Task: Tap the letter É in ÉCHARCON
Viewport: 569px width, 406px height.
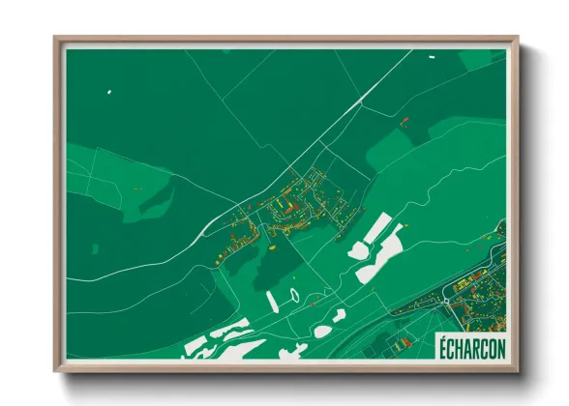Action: click(441, 347)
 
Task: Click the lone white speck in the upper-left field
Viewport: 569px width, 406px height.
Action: click(109, 92)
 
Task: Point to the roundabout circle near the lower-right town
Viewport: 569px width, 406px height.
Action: click(446, 301)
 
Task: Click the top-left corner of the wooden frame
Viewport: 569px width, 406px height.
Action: click(55, 39)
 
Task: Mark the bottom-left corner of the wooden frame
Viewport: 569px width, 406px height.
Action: click(55, 371)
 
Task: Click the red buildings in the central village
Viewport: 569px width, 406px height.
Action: click(287, 205)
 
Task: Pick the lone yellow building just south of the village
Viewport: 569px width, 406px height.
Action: click(274, 247)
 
